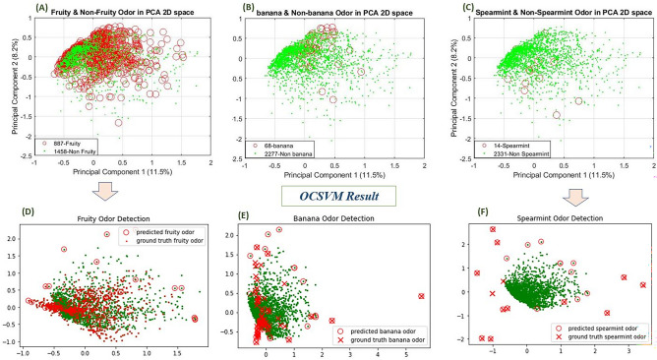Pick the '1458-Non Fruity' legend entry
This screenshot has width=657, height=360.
pos(75,150)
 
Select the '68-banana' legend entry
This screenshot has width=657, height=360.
pos(285,143)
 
